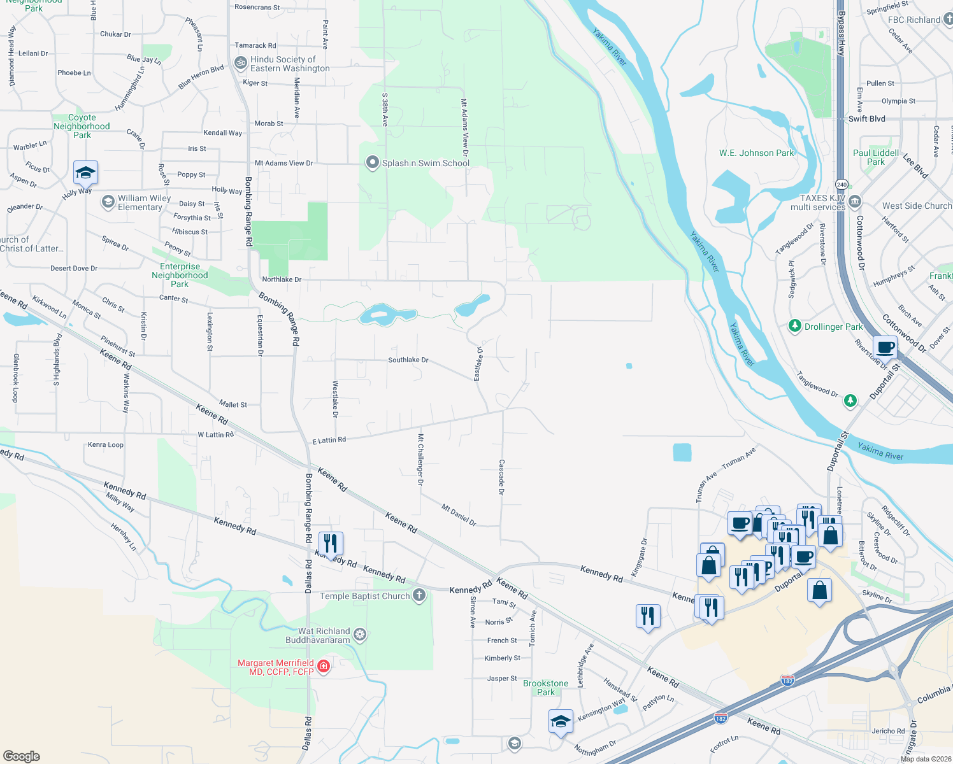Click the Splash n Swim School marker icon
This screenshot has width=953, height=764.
tap(372, 163)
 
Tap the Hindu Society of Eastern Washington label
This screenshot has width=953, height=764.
tap(290, 64)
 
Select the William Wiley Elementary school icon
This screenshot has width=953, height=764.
tap(108, 202)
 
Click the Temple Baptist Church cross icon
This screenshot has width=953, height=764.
tap(419, 596)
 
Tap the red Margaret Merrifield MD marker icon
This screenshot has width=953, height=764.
tap(323, 667)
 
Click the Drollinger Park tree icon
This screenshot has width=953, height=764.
tap(794, 326)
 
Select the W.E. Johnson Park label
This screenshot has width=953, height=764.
tap(756, 153)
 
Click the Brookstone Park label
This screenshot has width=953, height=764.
tap(545, 688)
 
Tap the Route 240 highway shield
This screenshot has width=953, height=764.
tap(841, 185)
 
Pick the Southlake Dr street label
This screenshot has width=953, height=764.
tap(408, 360)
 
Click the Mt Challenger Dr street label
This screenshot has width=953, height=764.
tap(420, 460)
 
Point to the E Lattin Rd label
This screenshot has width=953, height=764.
tap(329, 440)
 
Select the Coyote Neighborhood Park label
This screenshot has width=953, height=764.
tap(82, 126)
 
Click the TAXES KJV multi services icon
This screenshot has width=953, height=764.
tap(855, 202)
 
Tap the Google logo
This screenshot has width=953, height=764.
tap(22, 756)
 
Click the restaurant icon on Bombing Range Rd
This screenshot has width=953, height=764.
tap(330, 543)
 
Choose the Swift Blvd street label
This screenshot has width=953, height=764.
tap(866, 118)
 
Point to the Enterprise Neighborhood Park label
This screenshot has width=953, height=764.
tap(180, 275)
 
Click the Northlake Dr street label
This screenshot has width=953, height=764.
tap(282, 279)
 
